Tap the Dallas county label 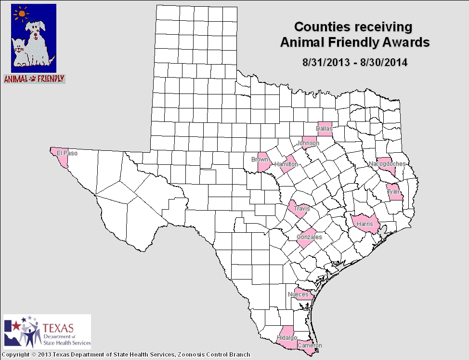click(324, 129)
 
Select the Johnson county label click(308, 143)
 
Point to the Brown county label click(260, 160)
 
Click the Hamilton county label click(286, 165)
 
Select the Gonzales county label click(309, 237)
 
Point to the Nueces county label click(298, 294)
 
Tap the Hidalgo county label click(287, 337)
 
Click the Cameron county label click(309, 346)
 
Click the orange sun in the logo click(22, 14)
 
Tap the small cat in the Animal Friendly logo click(20, 51)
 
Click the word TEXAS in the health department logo click(59, 328)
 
